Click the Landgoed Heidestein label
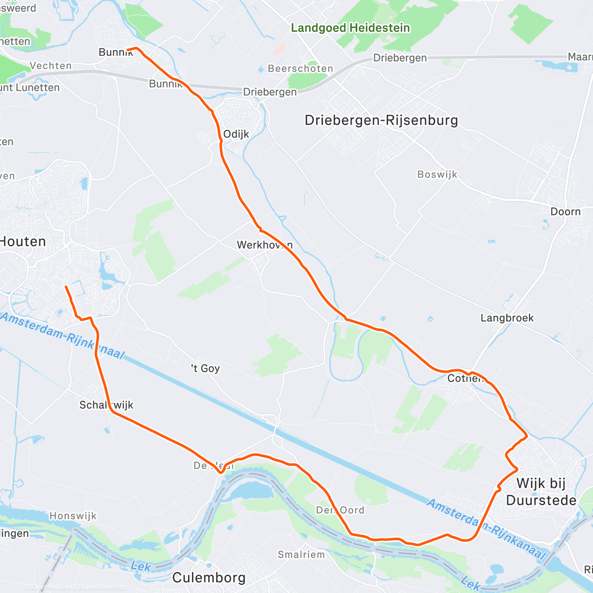[350, 28]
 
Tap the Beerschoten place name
[300, 69]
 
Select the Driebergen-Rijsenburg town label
[381, 120]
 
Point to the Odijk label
[236, 134]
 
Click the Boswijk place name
[437, 174]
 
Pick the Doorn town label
[565, 212]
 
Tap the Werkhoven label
[264, 245]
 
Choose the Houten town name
[23, 242]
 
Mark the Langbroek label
[507, 318]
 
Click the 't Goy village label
[206, 368]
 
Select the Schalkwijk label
[106, 405]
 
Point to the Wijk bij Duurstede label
[541, 492]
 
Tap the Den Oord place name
[340, 510]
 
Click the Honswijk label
[73, 516]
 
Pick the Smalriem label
[301, 554]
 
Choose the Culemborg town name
[209, 577]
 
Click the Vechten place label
[50, 66]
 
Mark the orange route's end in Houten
[66, 287]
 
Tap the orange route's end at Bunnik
[127, 50]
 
